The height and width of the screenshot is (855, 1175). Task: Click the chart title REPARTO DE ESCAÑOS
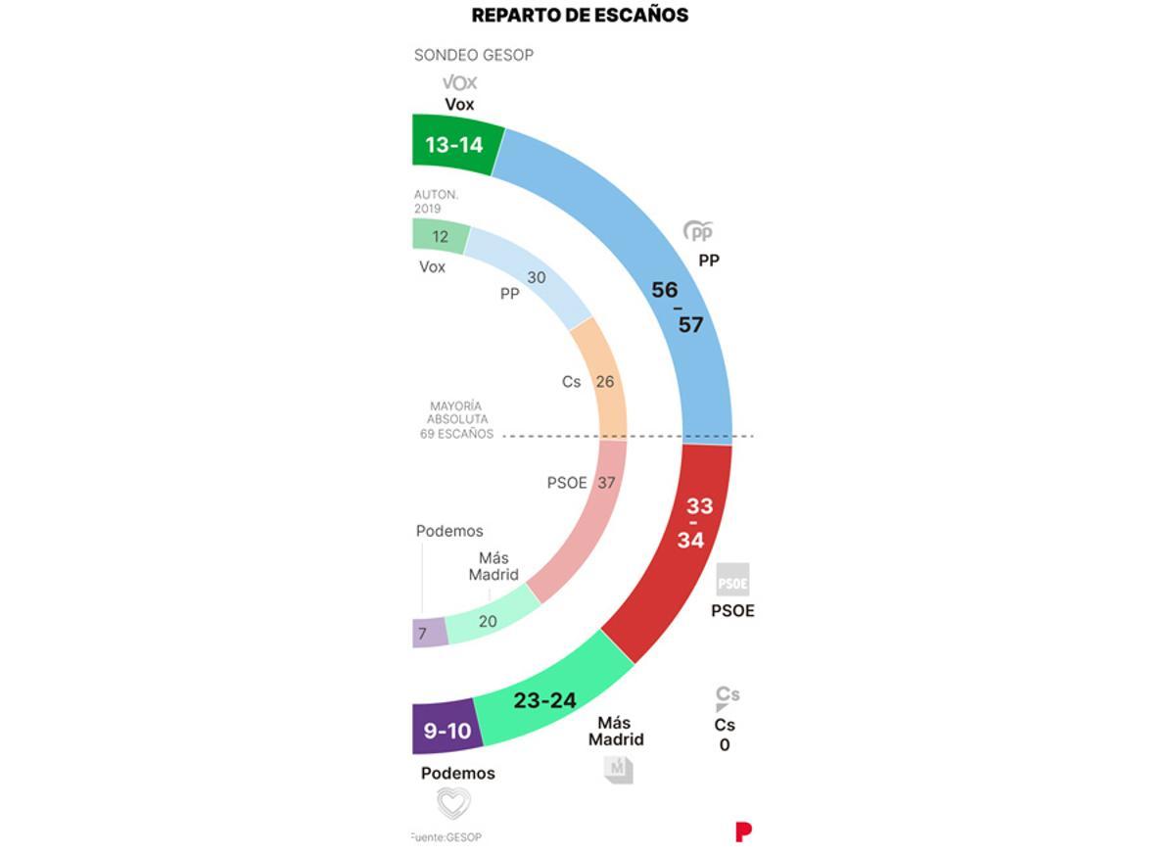pos(580,16)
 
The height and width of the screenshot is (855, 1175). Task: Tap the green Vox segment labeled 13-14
pos(453,145)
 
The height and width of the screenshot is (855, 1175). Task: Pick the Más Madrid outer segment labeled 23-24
pos(543,700)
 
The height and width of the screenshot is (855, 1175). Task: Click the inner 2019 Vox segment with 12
pos(440,236)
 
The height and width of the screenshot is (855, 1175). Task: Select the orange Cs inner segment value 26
pos(605,381)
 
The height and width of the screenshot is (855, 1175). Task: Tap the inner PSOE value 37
pos(606,483)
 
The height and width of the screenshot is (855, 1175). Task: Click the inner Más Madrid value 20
pos(487,620)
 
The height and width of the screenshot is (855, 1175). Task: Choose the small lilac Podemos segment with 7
pos(423,634)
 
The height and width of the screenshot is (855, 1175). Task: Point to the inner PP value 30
pos(536,278)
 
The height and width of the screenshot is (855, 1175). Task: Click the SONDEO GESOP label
pos(474,55)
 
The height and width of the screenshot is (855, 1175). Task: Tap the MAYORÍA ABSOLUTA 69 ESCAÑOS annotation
pos(457,420)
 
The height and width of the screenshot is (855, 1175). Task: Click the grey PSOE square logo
pos(732,580)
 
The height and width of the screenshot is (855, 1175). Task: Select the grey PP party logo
pos(699,232)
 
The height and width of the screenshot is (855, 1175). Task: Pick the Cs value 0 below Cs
pos(725,745)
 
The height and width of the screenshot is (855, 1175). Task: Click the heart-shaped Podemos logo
pos(453,803)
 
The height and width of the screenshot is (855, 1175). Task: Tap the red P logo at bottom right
pos(743,831)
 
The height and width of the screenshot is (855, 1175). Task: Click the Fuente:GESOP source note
pos(446,837)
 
